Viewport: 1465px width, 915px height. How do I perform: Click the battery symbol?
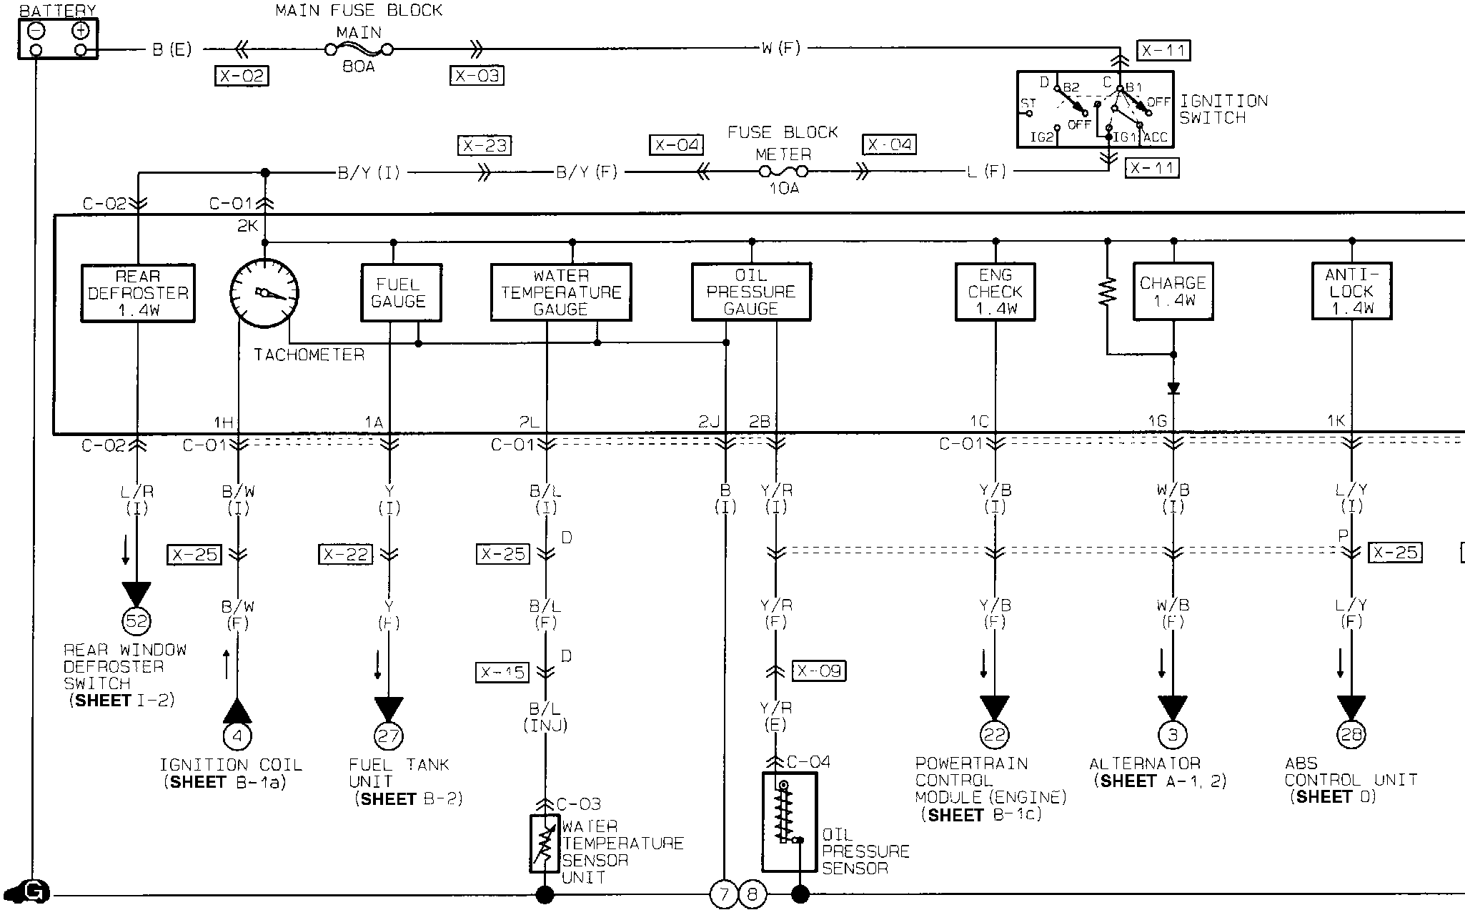tap(58, 39)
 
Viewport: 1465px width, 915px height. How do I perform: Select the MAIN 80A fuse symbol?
tap(359, 49)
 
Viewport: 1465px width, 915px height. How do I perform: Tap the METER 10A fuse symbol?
tap(783, 172)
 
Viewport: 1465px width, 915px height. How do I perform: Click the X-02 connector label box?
tap(242, 76)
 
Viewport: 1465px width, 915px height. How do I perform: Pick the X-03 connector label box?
tap(477, 76)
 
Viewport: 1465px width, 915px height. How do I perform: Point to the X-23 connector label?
tap(485, 146)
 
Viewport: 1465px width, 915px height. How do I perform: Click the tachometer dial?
tap(264, 293)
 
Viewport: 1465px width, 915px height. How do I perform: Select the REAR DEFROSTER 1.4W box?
tap(138, 293)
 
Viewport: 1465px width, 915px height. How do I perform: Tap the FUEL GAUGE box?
tap(401, 293)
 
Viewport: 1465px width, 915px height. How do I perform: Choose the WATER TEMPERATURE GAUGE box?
tap(561, 292)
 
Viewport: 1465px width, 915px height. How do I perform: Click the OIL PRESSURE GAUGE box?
tap(751, 292)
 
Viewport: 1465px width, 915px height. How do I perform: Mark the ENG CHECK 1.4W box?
tap(995, 292)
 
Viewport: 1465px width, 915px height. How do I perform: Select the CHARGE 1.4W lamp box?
tap(1173, 292)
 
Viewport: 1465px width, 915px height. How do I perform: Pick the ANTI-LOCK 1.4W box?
tap(1351, 291)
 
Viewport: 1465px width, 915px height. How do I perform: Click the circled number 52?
tap(136, 620)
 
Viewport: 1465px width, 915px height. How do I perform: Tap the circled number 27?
tap(389, 736)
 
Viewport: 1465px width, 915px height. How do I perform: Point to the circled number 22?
tap(995, 735)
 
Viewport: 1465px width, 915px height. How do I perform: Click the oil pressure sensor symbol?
tap(789, 822)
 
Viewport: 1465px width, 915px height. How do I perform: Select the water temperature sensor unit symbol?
tap(545, 844)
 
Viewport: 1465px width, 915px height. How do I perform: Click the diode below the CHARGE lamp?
tap(1173, 389)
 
